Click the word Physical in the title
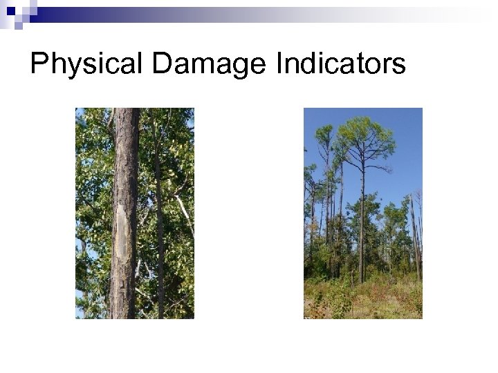86,64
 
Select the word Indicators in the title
340,64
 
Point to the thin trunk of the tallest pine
361,228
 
